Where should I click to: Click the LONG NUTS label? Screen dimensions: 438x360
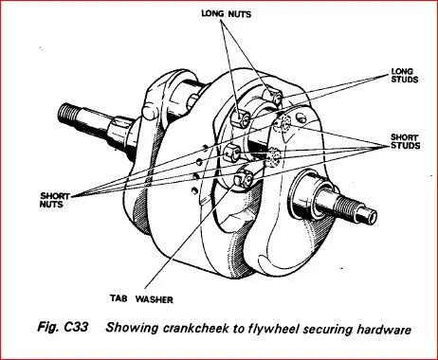click(227, 14)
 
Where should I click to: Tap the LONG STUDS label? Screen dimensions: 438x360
click(405, 76)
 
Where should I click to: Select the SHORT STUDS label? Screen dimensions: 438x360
click(405, 141)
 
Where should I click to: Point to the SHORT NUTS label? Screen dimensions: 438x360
click(54, 200)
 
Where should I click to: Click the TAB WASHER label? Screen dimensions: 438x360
click(141, 298)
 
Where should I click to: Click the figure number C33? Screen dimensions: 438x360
click(76, 327)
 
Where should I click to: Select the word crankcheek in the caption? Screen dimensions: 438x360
click(196, 328)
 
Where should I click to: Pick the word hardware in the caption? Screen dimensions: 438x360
click(384, 330)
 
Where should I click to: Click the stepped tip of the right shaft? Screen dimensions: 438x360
click(367, 215)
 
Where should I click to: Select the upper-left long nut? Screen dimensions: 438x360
click(240, 118)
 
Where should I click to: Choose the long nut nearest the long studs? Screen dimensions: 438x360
click(275, 97)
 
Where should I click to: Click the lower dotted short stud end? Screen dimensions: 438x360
click(274, 156)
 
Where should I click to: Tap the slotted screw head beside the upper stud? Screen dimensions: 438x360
click(301, 117)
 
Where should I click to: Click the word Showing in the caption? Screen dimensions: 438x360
click(132, 328)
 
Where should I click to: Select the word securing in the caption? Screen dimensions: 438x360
click(328, 329)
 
